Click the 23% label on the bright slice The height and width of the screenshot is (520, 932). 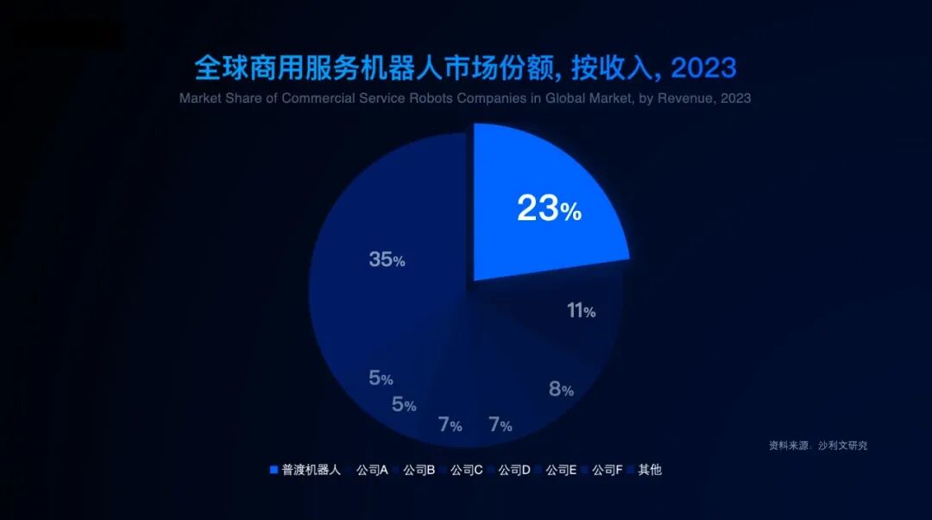[549, 209]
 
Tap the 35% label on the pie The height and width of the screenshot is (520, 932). [387, 259]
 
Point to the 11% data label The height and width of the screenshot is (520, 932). [581, 311]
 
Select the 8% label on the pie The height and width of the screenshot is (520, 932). [561, 389]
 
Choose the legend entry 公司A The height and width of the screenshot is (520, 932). [372, 470]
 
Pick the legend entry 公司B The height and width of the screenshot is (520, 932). [419, 470]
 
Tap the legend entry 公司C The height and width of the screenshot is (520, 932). [466, 470]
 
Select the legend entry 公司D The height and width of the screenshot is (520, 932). [513, 470]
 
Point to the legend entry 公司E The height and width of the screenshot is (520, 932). [561, 470]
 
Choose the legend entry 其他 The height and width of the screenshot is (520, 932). [649, 470]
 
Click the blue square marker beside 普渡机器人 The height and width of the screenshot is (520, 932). [274, 470]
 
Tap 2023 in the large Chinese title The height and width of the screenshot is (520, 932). [702, 67]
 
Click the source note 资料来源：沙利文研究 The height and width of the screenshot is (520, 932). [818, 446]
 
